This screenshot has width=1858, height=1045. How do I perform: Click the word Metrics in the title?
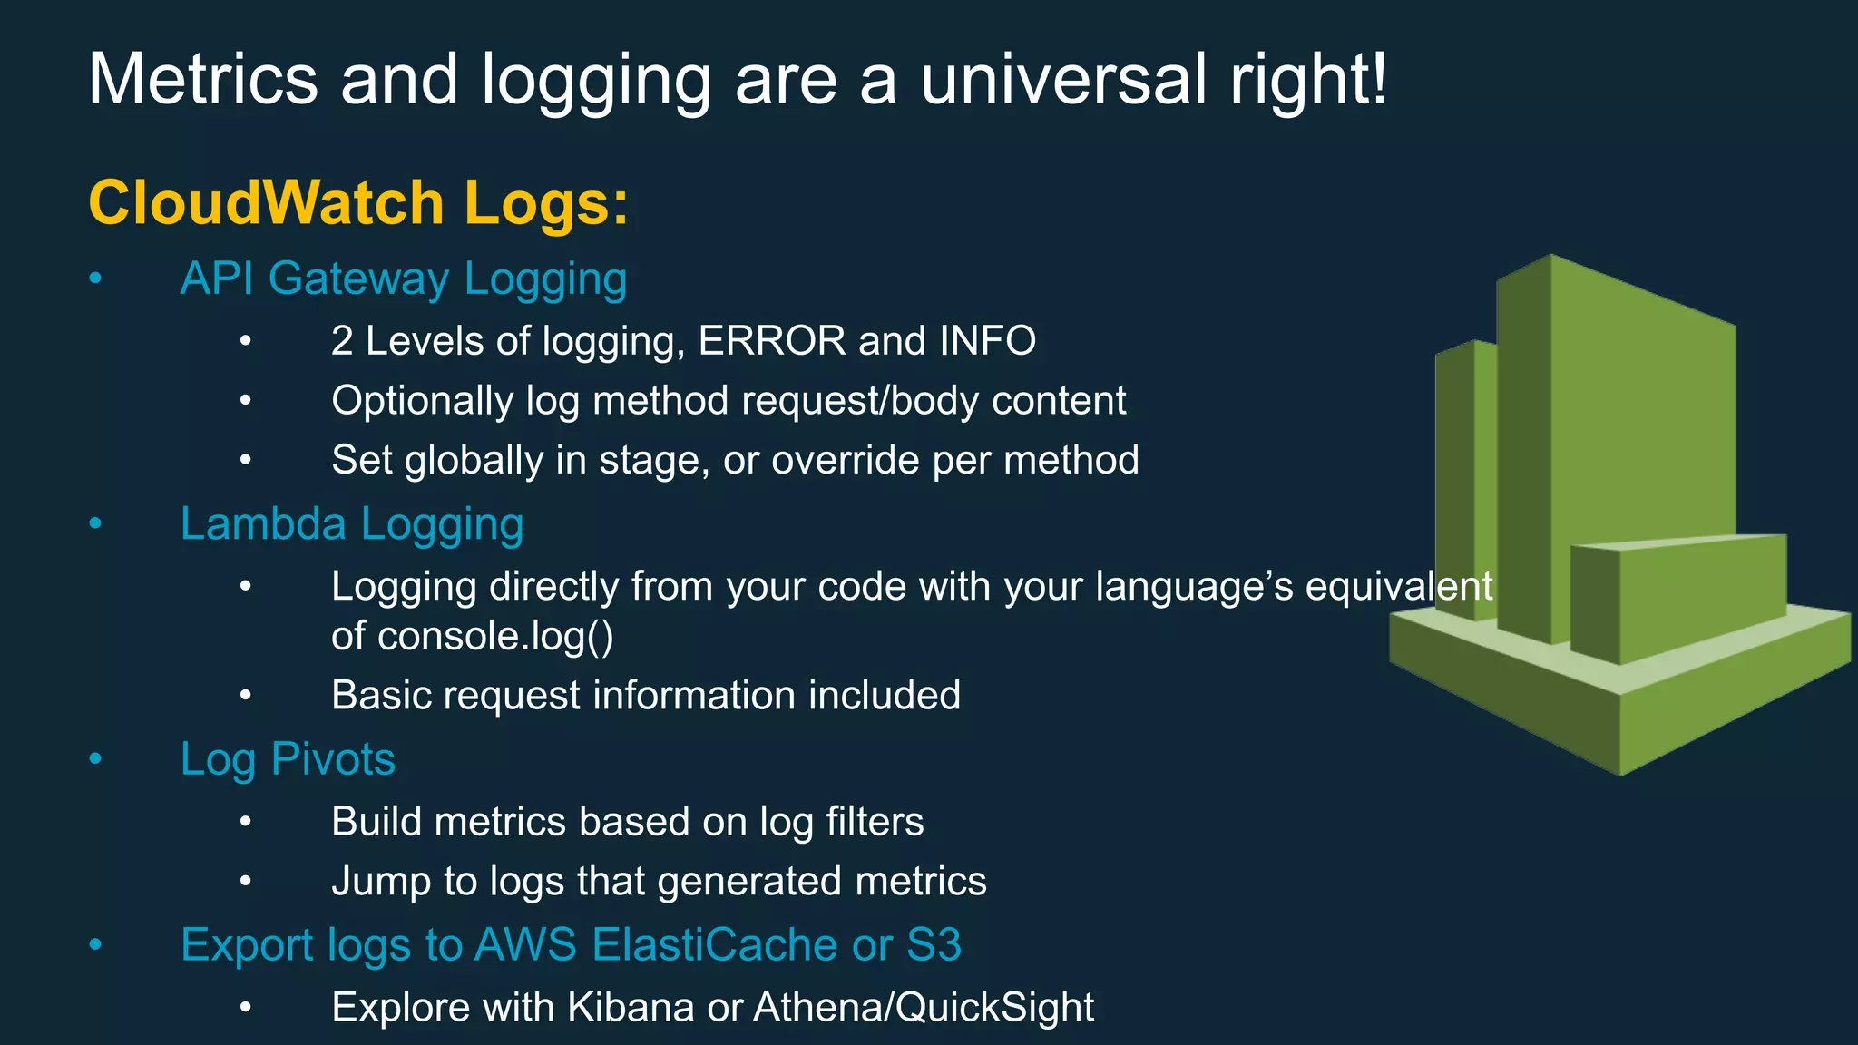[203, 80]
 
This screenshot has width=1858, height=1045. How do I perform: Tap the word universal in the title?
[1063, 80]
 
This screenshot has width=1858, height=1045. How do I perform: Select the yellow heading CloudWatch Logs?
[358, 202]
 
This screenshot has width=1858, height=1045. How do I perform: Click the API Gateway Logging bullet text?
[404, 278]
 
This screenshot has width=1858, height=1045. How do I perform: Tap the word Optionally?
[422, 401]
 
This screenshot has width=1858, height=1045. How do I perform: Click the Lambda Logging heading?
[352, 524]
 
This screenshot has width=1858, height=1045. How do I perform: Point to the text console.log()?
[495, 636]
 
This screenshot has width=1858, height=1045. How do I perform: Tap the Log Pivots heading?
[288, 759]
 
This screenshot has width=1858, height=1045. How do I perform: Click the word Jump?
[380, 882]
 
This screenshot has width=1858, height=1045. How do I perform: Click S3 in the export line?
[934, 945]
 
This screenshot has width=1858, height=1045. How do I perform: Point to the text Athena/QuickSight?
[924, 1008]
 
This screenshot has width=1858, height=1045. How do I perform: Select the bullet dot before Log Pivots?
[95, 759]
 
